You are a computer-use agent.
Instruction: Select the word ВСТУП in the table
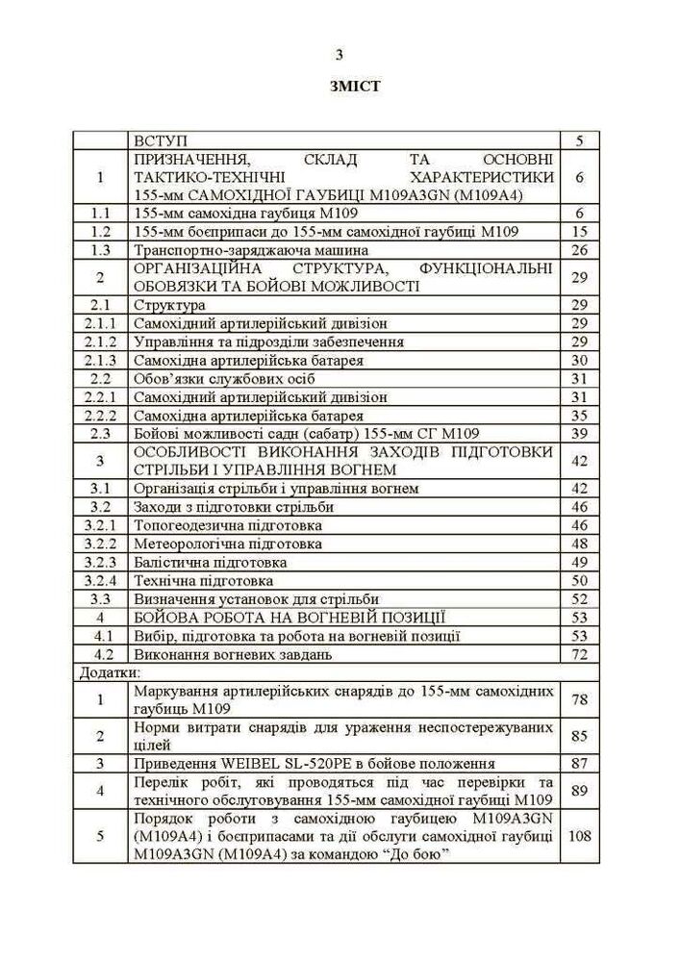click(x=161, y=140)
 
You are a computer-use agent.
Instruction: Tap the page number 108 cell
click(x=579, y=836)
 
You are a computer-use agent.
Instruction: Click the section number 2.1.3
click(x=101, y=360)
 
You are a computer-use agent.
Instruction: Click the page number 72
click(x=579, y=654)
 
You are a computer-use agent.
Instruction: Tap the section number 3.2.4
click(x=101, y=580)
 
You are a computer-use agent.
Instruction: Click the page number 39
click(x=579, y=434)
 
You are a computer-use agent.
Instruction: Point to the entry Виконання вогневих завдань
click(x=233, y=654)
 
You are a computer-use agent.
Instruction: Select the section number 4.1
click(x=101, y=636)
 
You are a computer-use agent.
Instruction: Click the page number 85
click(x=579, y=736)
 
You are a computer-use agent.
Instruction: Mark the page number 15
click(x=579, y=232)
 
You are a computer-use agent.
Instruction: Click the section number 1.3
click(x=101, y=250)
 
